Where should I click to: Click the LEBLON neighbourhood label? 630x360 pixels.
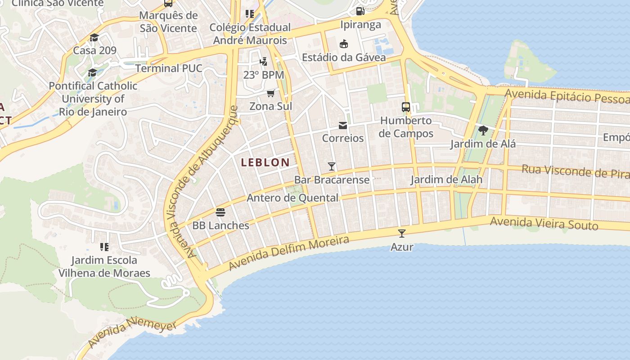pyautogui.click(x=265, y=162)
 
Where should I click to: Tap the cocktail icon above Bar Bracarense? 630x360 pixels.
pyautogui.click(x=332, y=166)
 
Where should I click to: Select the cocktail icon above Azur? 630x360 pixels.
pyautogui.click(x=402, y=234)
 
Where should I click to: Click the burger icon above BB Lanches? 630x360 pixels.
pyautogui.click(x=220, y=212)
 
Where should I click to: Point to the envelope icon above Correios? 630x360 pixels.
pyautogui.click(x=343, y=125)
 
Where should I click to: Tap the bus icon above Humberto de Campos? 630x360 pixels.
pyautogui.click(x=405, y=107)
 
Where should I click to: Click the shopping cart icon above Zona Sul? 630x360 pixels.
pyautogui.click(x=270, y=93)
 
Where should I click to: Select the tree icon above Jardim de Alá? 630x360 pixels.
pyautogui.click(x=483, y=131)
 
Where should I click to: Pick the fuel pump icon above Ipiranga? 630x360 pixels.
pyautogui.click(x=360, y=11)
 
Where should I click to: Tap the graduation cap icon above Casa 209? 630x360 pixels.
pyautogui.click(x=94, y=37)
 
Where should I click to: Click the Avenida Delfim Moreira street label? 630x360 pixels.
pyautogui.click(x=288, y=253)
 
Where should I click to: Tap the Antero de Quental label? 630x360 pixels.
pyautogui.click(x=292, y=198)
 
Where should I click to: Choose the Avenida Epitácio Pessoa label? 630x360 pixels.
pyautogui.click(x=567, y=96)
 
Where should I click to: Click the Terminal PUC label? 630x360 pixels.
pyautogui.click(x=169, y=68)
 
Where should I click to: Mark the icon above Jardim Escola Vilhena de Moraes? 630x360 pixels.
pyautogui.click(x=104, y=247)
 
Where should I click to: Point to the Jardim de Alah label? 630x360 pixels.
pyautogui.click(x=446, y=180)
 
